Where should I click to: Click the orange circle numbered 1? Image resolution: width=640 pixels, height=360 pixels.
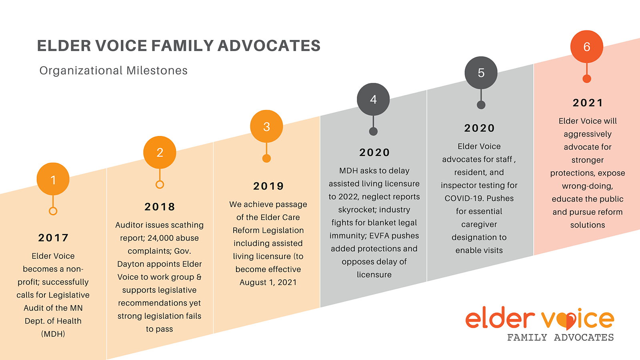pyautogui.click(x=53, y=179)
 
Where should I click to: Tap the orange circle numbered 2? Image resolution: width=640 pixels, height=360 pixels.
pyautogui.click(x=160, y=152)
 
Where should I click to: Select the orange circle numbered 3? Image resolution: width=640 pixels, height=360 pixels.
pyautogui.click(x=266, y=126)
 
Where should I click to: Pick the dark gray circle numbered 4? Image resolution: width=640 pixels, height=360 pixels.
pyautogui.click(x=373, y=100)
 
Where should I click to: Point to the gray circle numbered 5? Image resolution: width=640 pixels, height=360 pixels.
pyautogui.click(x=481, y=73)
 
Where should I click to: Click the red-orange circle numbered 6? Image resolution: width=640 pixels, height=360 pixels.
pyautogui.click(x=586, y=46)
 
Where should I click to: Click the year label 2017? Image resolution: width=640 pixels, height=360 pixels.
pyautogui.click(x=53, y=238)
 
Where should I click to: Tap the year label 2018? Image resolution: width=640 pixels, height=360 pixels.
pyautogui.click(x=160, y=206)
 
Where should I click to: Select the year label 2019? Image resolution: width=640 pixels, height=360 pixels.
pyautogui.click(x=268, y=186)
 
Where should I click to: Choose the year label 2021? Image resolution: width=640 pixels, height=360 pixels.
pyautogui.click(x=588, y=102)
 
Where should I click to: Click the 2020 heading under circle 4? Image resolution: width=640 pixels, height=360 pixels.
pyautogui.click(x=374, y=152)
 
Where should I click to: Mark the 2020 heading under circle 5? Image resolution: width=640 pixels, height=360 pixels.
pyautogui.click(x=480, y=128)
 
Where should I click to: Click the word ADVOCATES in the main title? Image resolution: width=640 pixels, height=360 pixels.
pyautogui.click(x=269, y=46)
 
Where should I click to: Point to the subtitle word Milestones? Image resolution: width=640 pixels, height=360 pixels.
pyautogui.click(x=157, y=70)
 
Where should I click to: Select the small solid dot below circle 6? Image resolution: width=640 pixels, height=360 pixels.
pyautogui.click(x=586, y=78)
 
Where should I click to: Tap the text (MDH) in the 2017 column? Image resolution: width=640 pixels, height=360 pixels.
pyautogui.click(x=53, y=334)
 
